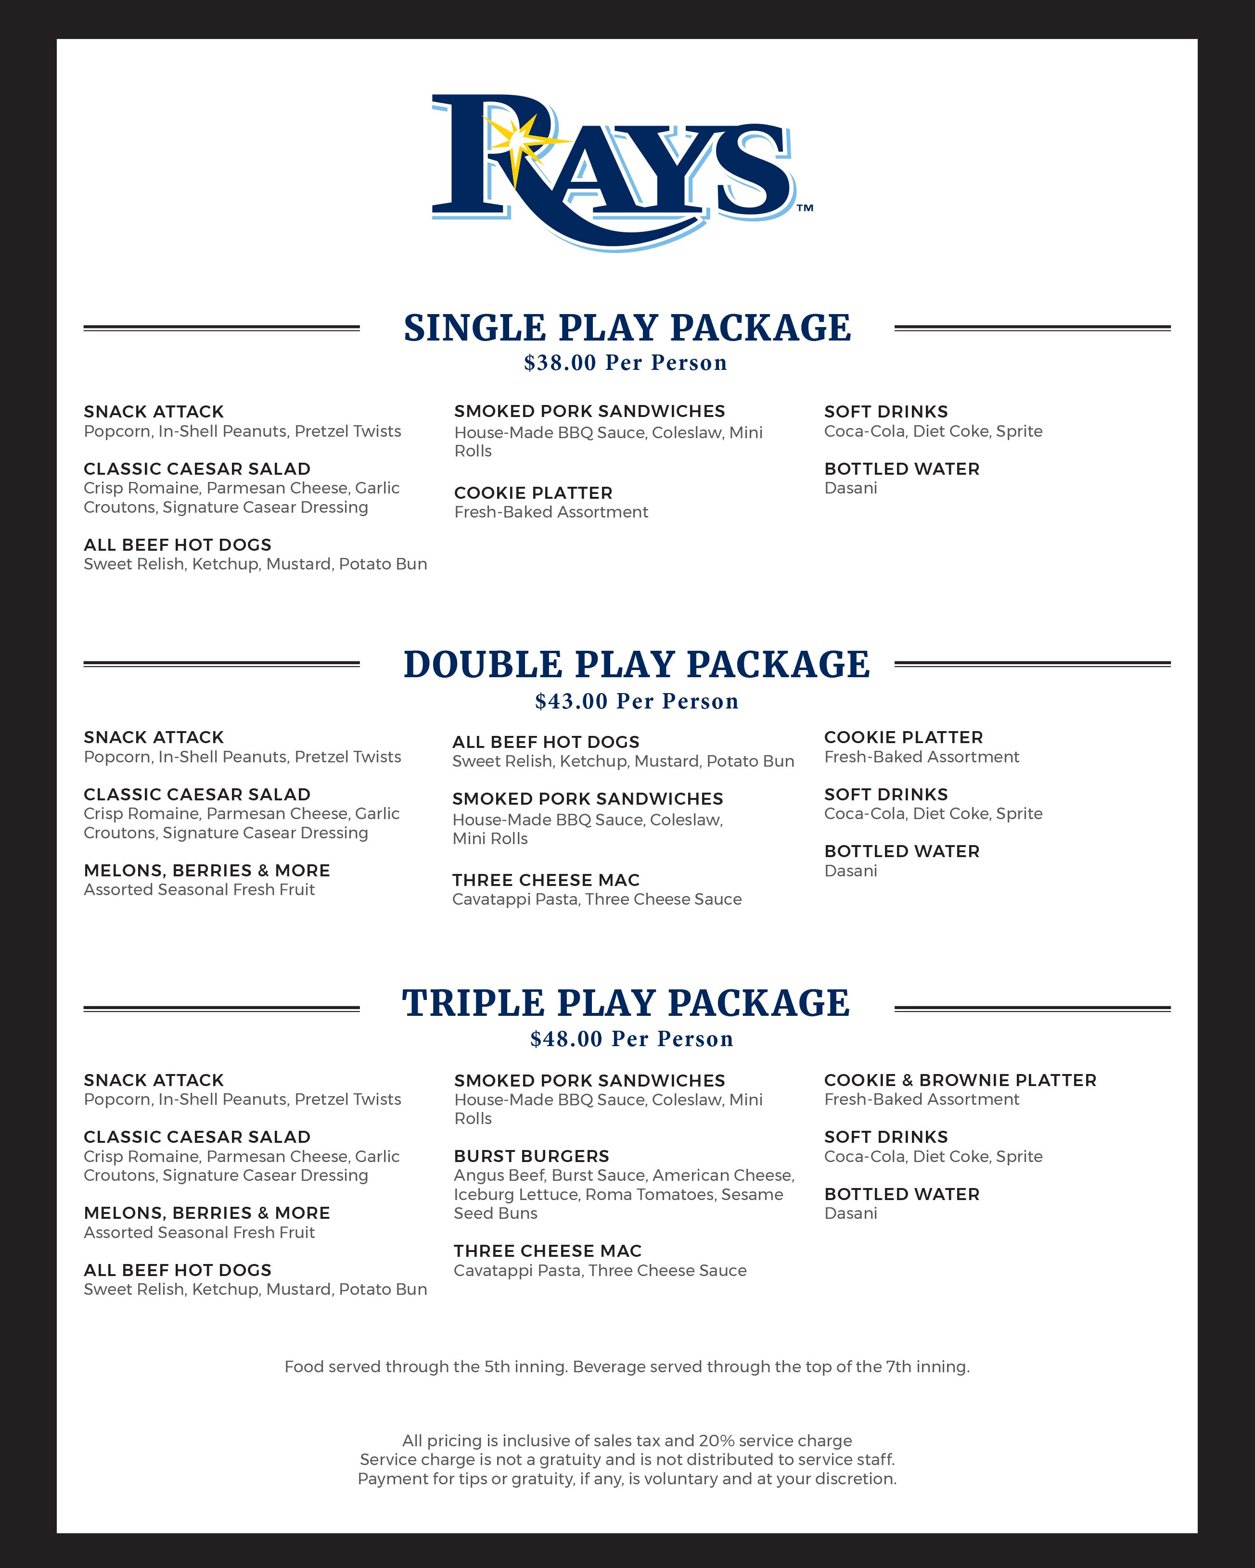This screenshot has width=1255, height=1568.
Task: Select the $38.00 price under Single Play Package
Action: coord(560,363)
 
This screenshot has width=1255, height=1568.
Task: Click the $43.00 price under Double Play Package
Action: coord(571,701)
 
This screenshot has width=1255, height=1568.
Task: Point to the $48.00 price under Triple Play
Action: coord(566,1039)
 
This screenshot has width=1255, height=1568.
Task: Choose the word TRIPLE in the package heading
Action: coord(473,1004)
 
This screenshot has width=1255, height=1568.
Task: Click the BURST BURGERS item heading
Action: coord(531,1156)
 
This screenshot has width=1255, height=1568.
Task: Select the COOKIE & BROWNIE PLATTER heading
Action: coord(960,1081)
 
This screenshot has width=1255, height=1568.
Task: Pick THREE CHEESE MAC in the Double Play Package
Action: coord(546,880)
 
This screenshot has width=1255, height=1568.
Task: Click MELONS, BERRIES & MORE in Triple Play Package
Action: coord(206,1213)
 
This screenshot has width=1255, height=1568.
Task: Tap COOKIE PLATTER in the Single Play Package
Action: coord(533,493)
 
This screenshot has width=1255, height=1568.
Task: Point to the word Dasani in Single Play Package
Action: coord(850,488)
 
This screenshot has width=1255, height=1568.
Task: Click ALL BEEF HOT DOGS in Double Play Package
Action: coord(546,743)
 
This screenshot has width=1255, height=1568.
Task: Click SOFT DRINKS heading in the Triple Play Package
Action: coord(885,1138)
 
